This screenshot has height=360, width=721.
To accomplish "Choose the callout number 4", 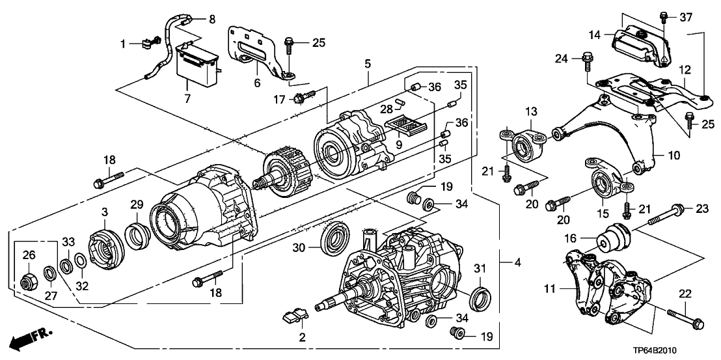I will (x=517, y=263).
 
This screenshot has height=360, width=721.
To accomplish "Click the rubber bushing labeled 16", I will (x=612, y=239).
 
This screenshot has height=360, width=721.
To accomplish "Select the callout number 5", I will (x=368, y=64).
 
